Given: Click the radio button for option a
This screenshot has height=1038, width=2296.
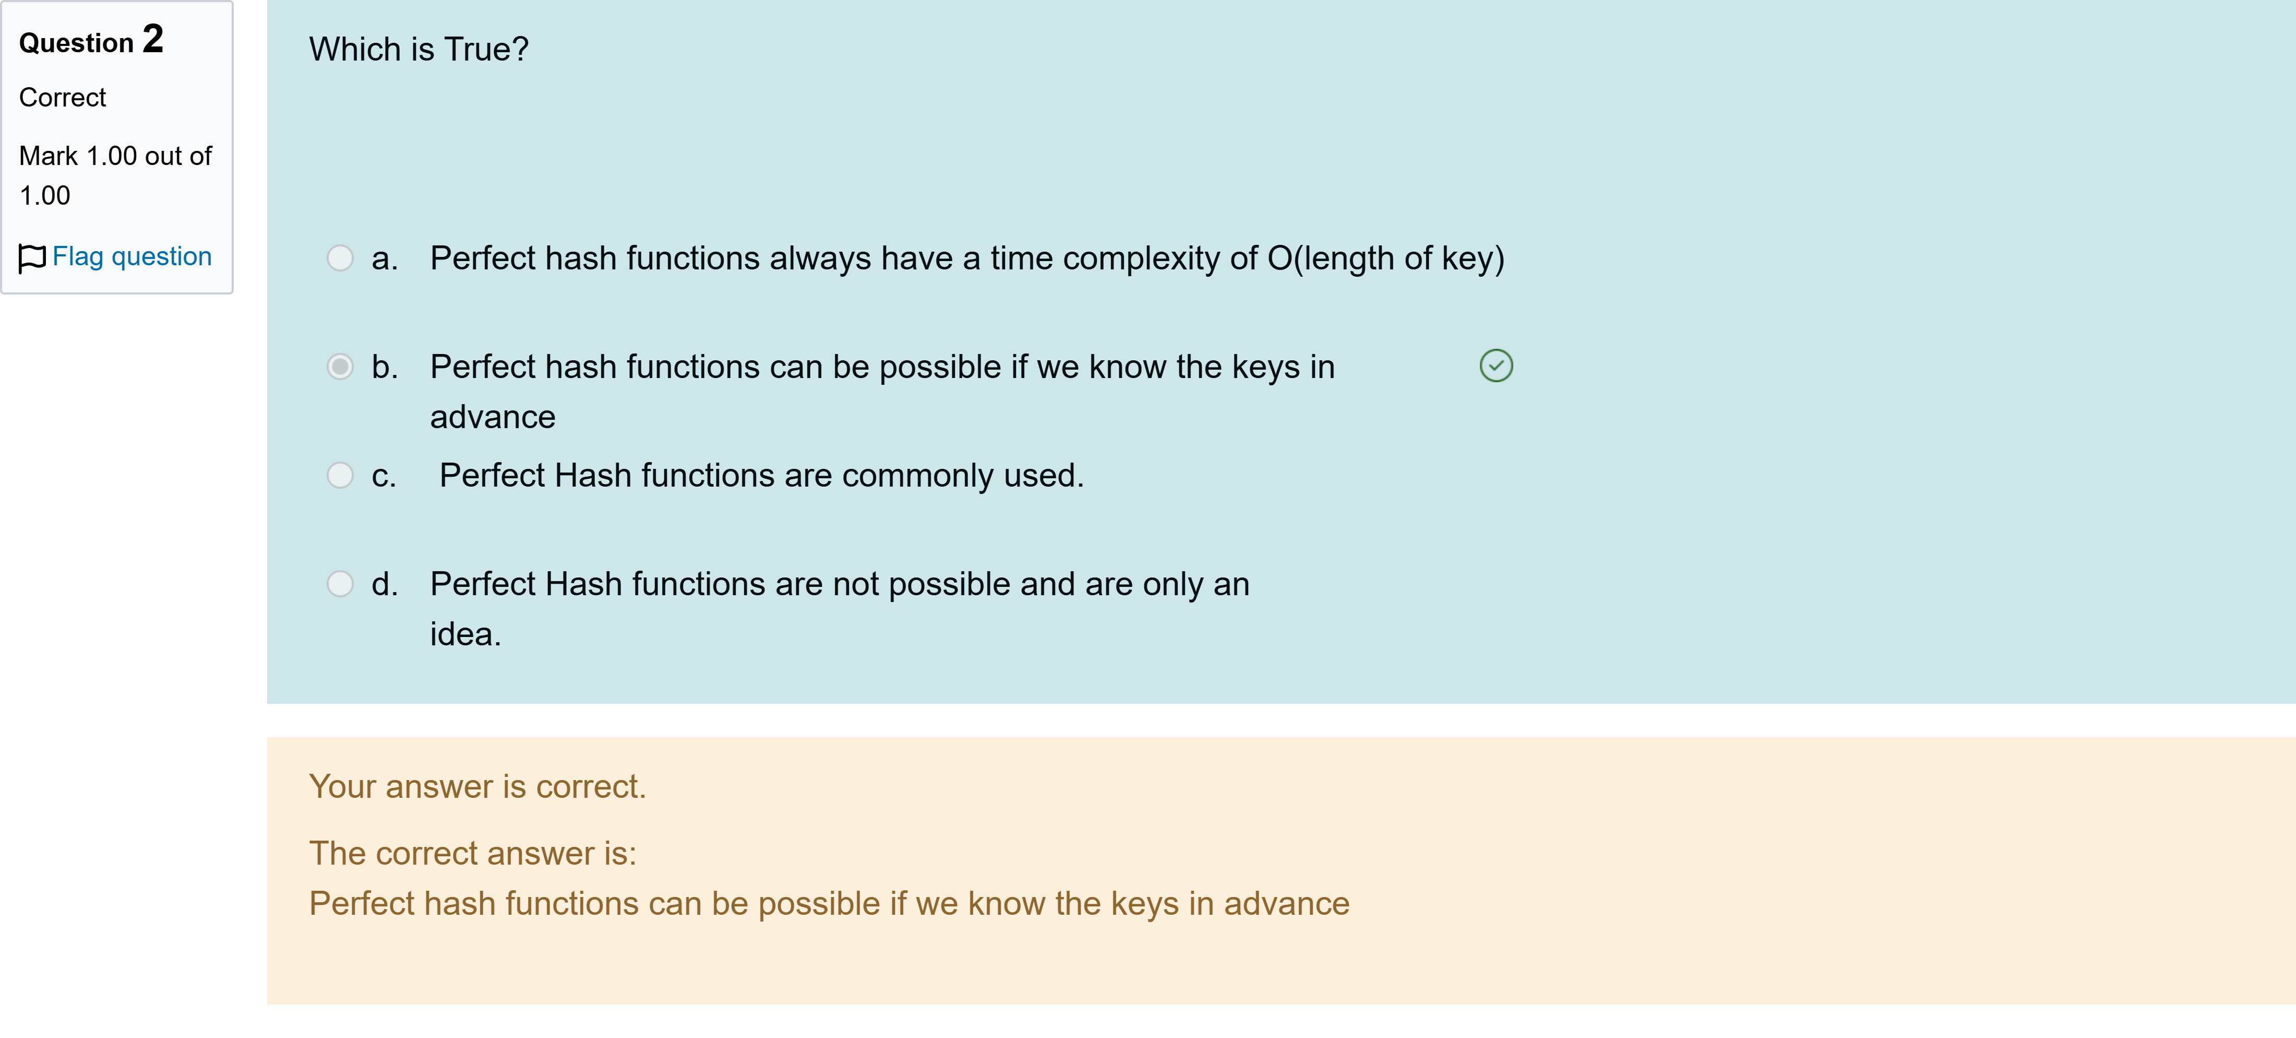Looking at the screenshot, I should [x=340, y=258].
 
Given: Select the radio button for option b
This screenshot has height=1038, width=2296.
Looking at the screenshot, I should [x=340, y=367].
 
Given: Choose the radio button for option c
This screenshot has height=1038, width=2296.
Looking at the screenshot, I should [x=340, y=475].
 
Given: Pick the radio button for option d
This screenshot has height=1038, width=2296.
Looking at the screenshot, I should [x=340, y=584].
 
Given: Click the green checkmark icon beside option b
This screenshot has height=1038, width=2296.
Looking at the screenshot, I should [x=1496, y=365].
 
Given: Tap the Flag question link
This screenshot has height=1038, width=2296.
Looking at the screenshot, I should [x=132, y=257].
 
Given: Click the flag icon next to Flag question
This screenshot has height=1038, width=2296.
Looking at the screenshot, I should [x=32, y=258].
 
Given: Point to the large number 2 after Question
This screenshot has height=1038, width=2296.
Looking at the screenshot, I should [x=153, y=39].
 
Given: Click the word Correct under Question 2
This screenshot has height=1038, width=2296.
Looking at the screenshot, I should [x=63, y=97].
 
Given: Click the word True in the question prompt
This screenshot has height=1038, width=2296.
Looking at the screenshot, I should [x=486, y=49].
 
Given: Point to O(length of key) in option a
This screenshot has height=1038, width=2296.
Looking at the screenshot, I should [x=1386, y=258].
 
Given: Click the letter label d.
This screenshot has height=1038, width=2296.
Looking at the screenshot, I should [x=384, y=585].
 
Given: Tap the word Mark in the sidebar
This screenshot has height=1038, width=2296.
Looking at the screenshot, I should [x=48, y=156].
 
